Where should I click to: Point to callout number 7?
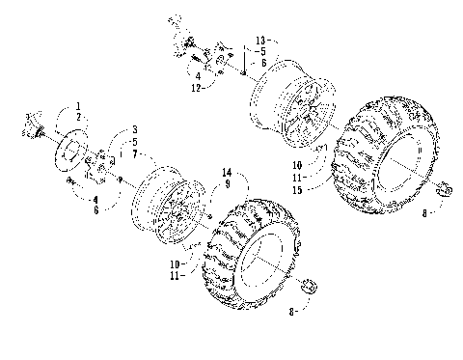[135, 153]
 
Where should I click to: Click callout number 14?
[228, 172]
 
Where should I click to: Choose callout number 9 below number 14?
[228, 183]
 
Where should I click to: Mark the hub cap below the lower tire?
[310, 286]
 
